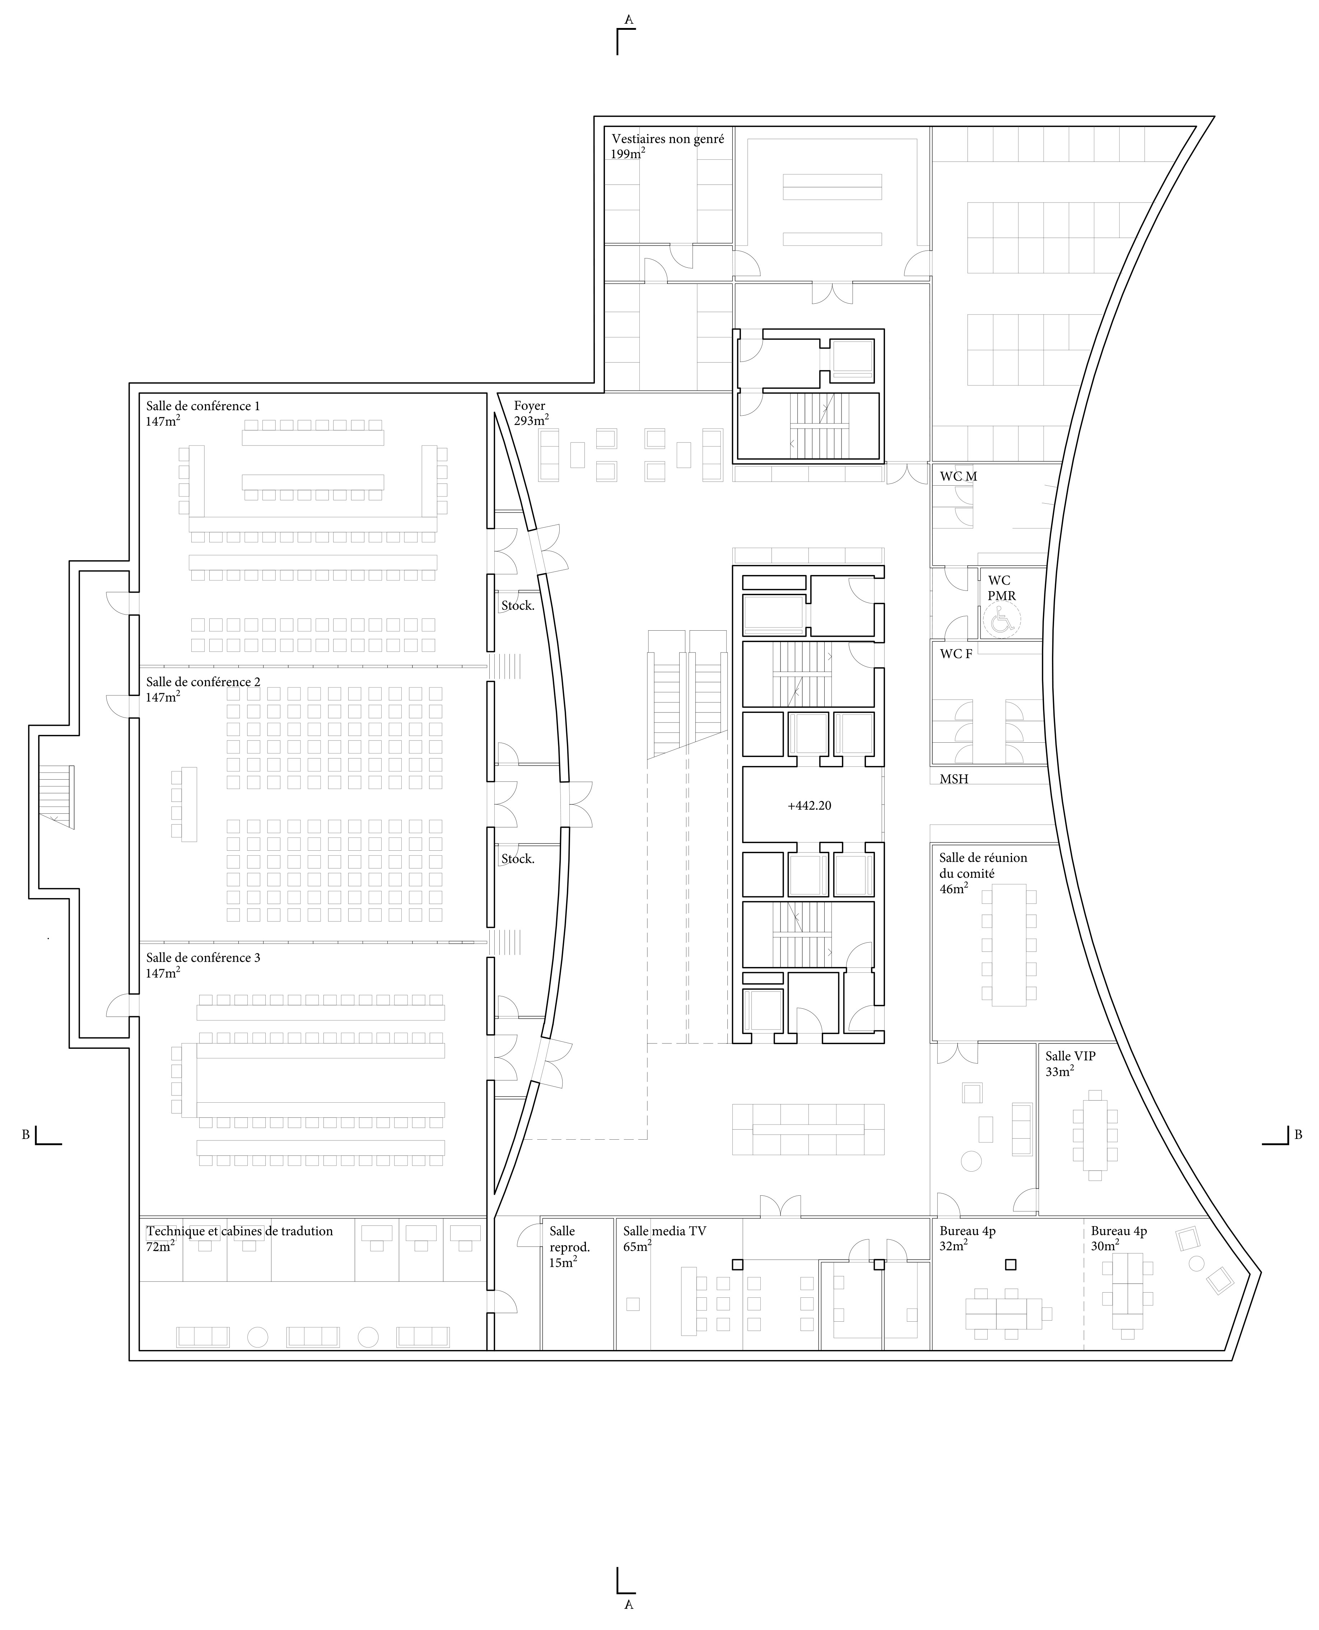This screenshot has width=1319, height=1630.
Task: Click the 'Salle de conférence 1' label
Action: (x=203, y=406)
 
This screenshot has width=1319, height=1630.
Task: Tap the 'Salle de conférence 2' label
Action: (x=203, y=682)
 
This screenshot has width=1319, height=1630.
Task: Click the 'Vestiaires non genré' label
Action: (x=668, y=139)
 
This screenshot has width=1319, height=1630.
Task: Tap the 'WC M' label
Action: (x=958, y=476)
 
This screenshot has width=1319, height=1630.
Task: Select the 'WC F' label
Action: (x=956, y=654)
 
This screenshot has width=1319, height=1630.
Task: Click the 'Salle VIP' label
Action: (x=1070, y=1056)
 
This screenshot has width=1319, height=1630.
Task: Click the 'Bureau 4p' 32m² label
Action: (x=967, y=1231)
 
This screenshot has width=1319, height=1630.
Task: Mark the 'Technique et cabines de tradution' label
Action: (x=239, y=1231)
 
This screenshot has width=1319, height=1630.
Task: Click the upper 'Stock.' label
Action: (x=517, y=606)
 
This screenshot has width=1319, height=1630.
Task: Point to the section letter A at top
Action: (x=628, y=20)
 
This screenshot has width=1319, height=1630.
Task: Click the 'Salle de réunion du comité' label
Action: (x=982, y=866)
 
